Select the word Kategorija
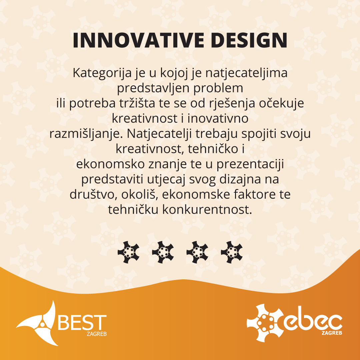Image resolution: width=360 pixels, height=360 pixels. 102,73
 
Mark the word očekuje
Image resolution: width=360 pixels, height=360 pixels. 281,104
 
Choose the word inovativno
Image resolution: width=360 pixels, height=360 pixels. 218,118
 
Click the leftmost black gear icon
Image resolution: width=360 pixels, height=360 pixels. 128,252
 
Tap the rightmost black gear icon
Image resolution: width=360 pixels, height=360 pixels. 232,252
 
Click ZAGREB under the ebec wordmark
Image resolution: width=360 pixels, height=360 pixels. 332,333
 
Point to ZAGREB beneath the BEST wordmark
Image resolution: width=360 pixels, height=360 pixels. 97,334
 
